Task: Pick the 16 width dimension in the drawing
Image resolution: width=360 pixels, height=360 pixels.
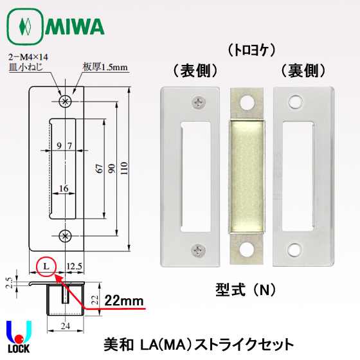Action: coord(63,188)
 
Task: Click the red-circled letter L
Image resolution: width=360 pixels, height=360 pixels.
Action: coord(46,265)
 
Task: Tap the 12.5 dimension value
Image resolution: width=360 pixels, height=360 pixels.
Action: coord(72,265)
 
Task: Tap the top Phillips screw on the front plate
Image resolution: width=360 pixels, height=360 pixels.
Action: coord(197,101)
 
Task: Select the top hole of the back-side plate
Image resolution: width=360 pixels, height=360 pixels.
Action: coord(296,101)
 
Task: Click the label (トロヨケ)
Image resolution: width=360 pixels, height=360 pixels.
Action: coord(247,50)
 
